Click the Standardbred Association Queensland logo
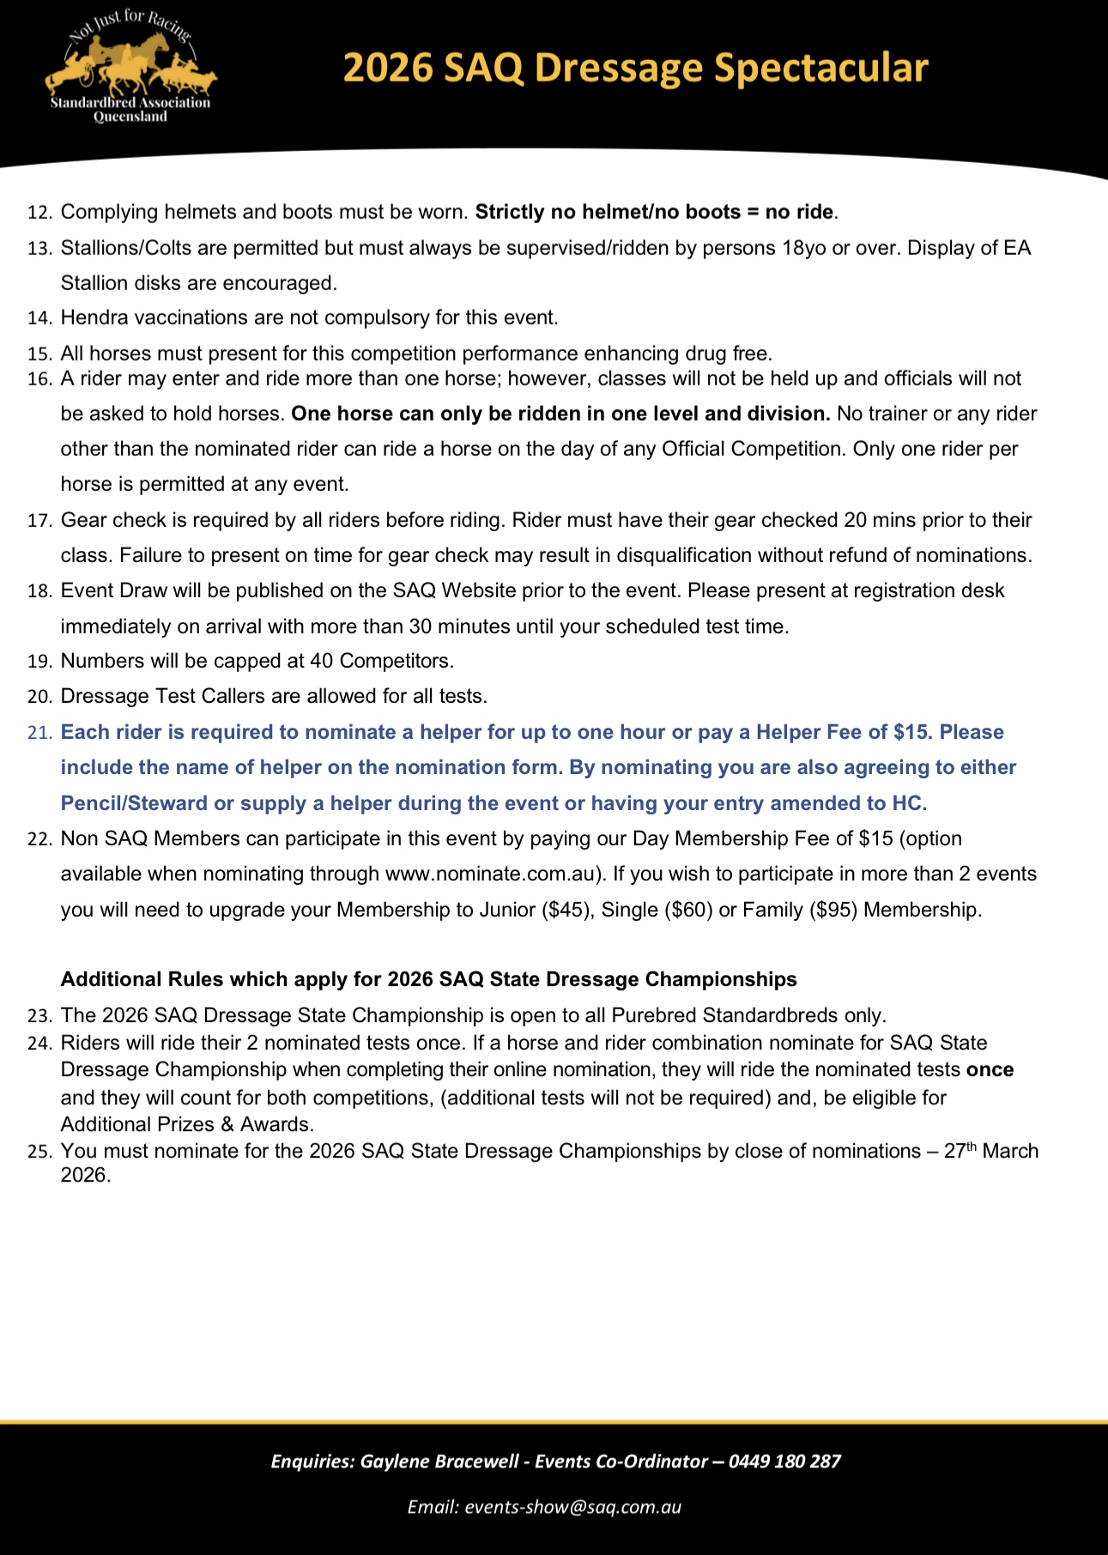point(130,69)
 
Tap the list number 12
point(39,213)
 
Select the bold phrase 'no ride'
point(799,212)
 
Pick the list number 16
point(39,379)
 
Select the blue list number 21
point(39,733)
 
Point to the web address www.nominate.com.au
point(490,874)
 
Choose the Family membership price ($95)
point(833,910)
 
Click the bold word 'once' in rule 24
point(990,1070)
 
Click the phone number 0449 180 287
point(784,1461)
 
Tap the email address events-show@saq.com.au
point(572,1507)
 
